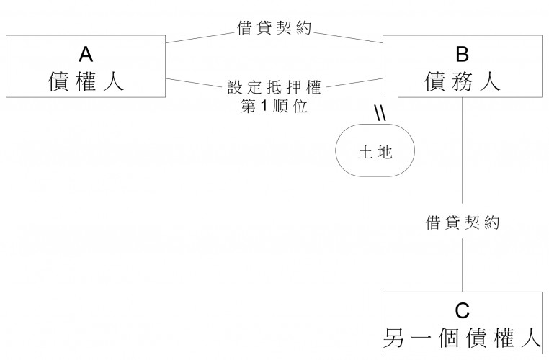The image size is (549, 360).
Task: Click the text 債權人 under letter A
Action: click(86, 80)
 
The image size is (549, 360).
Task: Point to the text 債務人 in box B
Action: click(462, 80)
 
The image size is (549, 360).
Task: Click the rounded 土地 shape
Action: click(375, 152)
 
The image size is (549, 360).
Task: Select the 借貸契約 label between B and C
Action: click(462, 222)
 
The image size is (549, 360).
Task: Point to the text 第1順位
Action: click(274, 109)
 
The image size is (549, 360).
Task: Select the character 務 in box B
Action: click(462, 80)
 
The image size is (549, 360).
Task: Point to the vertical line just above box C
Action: click(462, 266)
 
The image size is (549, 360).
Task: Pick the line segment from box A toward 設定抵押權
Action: click(191, 83)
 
